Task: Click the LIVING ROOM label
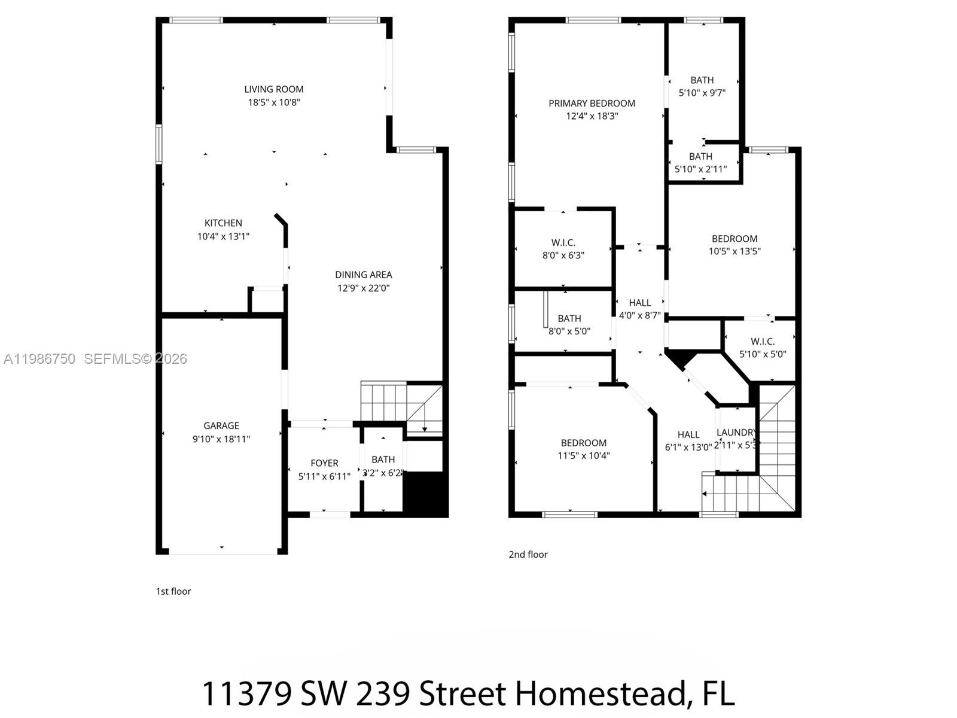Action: [274, 89]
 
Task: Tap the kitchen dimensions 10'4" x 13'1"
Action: [223, 236]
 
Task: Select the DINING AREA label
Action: [363, 275]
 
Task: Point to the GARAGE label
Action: [221, 425]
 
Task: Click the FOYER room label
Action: [324, 463]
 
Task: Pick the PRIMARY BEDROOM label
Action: [592, 104]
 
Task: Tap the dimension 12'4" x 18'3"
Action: [592, 116]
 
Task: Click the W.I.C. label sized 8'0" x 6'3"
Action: [563, 242]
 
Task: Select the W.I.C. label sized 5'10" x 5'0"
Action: [762, 341]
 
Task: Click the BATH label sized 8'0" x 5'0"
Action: [569, 318]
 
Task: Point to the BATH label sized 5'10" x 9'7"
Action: [702, 80]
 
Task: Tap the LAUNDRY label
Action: [736, 432]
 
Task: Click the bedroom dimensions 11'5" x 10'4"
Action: [583, 455]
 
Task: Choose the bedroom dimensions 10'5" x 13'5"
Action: [734, 251]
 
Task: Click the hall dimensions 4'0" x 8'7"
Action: [639, 315]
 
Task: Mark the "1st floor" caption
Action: [173, 591]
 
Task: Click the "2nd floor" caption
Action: [528, 555]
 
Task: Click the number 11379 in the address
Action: [246, 694]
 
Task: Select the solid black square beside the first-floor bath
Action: [425, 493]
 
